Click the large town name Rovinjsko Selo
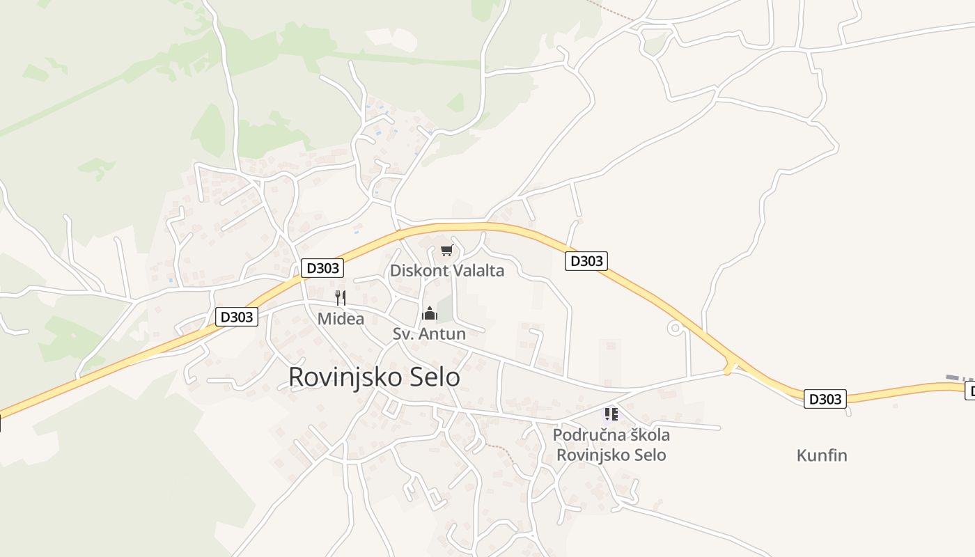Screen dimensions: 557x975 tap(374, 377)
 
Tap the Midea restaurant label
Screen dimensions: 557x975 tap(341, 319)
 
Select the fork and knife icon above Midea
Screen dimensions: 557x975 tap(341, 298)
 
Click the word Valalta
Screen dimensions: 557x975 tap(478, 270)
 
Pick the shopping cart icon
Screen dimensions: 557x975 tap(446, 251)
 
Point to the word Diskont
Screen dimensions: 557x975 tap(419, 270)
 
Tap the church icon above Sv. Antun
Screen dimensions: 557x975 tap(430, 313)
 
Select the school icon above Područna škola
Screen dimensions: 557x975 tap(611, 414)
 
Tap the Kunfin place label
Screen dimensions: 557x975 tap(822, 455)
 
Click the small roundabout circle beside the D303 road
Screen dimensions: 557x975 tap(674, 328)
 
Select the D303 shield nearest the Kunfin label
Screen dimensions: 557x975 tap(825, 399)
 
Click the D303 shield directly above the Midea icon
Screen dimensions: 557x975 tap(322, 268)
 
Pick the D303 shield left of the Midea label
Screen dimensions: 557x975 tap(236, 317)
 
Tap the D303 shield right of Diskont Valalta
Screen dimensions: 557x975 tap(586, 261)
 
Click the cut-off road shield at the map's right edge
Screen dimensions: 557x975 tap(970, 391)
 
